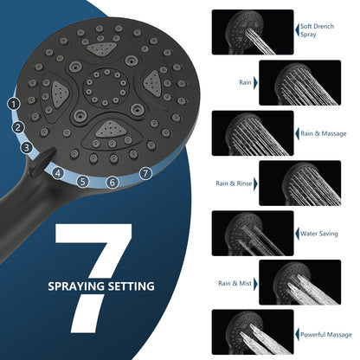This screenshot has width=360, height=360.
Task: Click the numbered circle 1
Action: pyautogui.click(x=14, y=104)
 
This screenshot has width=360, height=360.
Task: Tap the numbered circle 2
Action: pyautogui.click(x=18, y=127)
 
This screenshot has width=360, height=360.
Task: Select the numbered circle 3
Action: pyautogui.click(x=27, y=148)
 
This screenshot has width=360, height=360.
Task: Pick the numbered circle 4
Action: pyautogui.click(x=58, y=173)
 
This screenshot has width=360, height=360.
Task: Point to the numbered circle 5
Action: pyautogui.click(x=83, y=182)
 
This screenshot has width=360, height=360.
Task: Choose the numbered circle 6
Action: pyautogui.click(x=112, y=183)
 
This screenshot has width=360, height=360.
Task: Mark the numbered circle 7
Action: pyautogui.click(x=145, y=174)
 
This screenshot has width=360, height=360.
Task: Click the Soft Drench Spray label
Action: pyautogui.click(x=317, y=30)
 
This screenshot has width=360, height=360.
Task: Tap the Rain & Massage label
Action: pyautogui.click(x=324, y=133)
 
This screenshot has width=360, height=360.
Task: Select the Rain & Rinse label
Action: pyautogui.click(x=234, y=183)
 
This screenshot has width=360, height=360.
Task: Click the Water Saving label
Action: pyautogui.click(x=318, y=234)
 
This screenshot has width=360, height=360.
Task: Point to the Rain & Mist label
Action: pyautogui.click(x=235, y=283)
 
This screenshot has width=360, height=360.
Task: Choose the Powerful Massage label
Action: pyautogui.click(x=326, y=335)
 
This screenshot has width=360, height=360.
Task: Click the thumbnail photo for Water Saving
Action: pyautogui.click(x=253, y=233)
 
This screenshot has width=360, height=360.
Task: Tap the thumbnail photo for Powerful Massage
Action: pyautogui.click(x=253, y=332)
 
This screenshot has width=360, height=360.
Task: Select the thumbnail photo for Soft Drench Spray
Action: pyautogui.click(x=253, y=32)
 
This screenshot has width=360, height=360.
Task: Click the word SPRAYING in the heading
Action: pyautogui.click(x=76, y=286)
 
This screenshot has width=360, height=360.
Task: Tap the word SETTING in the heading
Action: pyautogui.click(x=132, y=286)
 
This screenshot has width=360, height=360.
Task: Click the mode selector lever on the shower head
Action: pyautogui.click(x=42, y=161)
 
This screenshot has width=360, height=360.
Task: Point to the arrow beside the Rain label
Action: pyautogui.click(x=255, y=83)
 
